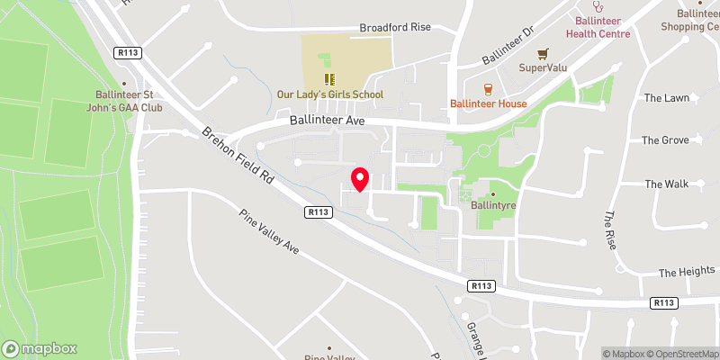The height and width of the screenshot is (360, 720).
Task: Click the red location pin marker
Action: (360, 179)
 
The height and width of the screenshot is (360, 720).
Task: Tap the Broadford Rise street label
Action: (395, 27)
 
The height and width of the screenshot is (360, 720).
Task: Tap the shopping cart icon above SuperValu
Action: (542, 54)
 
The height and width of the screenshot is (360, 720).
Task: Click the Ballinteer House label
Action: (489, 103)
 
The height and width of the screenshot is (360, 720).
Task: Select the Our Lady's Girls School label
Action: (330, 94)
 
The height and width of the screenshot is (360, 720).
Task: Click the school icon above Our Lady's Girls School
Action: (329, 79)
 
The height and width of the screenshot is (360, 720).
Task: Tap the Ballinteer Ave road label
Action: (328, 120)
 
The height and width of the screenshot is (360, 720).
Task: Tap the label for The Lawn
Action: (666, 97)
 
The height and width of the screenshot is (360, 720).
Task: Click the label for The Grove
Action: (665, 140)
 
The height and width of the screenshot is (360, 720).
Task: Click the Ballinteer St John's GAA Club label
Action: (130, 102)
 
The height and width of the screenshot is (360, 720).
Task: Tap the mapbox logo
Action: (40, 348)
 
